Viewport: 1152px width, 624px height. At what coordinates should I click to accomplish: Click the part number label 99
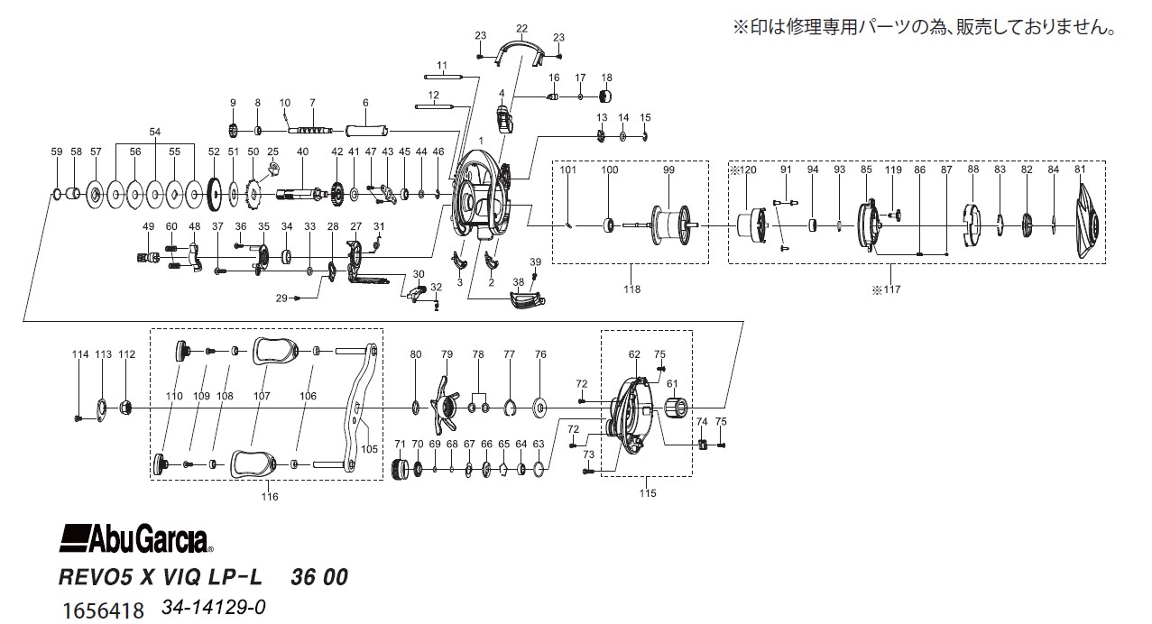[668, 170]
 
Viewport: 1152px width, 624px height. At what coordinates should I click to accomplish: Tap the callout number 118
[632, 289]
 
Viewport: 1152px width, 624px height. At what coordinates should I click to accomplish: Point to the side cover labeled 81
[1088, 223]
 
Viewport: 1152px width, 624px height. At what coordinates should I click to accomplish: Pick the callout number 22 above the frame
[521, 29]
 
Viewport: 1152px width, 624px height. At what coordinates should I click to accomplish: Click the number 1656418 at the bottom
[103, 610]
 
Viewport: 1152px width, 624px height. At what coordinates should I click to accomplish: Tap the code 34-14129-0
[214, 608]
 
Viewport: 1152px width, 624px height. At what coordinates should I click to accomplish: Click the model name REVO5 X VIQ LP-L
[161, 577]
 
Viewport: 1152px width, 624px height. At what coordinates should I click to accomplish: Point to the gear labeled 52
[214, 194]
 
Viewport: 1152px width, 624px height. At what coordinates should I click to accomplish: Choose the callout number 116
[270, 497]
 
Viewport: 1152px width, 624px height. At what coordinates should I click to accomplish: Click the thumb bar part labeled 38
[527, 299]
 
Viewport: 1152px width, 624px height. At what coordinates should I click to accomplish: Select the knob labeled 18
[606, 96]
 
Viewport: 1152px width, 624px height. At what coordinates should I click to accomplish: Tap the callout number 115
[648, 493]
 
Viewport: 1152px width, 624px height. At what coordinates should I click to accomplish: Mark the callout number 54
[155, 132]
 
